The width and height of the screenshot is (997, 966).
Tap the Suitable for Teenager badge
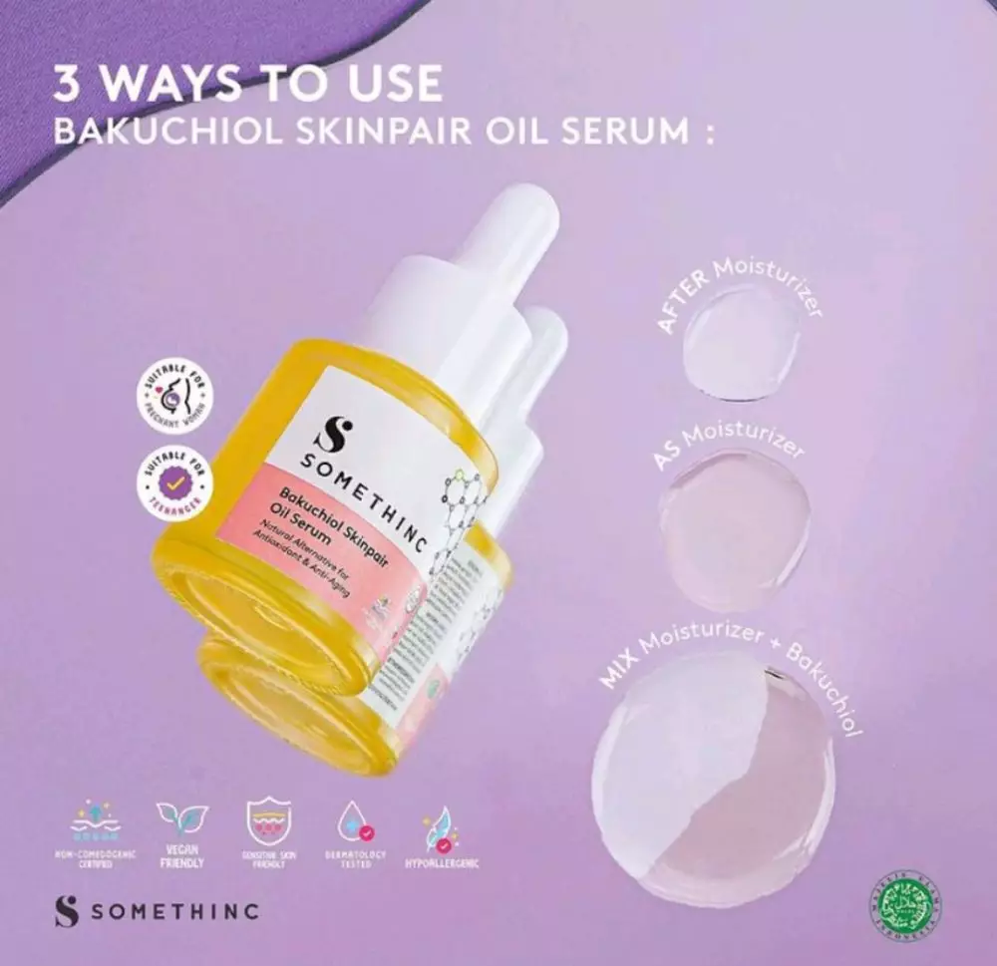175,483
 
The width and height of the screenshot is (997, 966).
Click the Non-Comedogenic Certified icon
93,821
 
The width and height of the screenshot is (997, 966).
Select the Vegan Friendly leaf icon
181,820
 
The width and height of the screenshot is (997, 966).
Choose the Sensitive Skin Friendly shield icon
267,821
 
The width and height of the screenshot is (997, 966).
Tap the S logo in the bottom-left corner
66,912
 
